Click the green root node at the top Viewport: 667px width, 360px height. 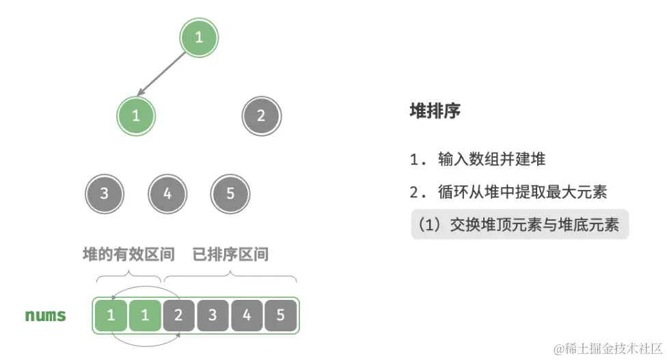[199, 37]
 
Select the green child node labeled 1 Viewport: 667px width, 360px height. [136, 115]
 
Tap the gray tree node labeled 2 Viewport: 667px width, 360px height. [260, 115]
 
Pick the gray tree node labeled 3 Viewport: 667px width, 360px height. [104, 193]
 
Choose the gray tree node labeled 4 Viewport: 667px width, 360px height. [167, 193]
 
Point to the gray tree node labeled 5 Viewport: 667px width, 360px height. [230, 193]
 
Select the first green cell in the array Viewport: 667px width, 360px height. [111, 316]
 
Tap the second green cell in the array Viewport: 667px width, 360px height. [145, 316]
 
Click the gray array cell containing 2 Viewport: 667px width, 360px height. [179, 316]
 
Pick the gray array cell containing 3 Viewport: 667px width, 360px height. [213, 316]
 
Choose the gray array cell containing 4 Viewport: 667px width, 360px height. [247, 316]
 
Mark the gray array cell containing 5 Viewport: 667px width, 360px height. [281, 316]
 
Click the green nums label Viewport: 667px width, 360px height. [46, 316]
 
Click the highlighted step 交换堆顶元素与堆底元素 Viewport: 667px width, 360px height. [519, 225]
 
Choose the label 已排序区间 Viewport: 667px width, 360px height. [230, 255]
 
